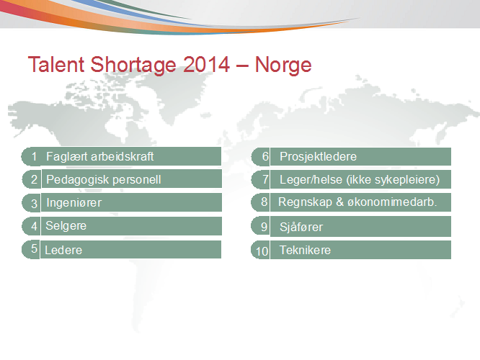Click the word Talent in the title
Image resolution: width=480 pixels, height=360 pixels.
click(56, 64)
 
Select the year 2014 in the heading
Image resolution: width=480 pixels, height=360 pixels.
click(207, 64)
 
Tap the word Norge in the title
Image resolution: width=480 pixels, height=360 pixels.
click(283, 65)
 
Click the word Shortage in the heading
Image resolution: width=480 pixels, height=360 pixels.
click(133, 65)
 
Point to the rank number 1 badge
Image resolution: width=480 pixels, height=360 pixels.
click(31, 156)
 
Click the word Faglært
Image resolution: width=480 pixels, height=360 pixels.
click(67, 157)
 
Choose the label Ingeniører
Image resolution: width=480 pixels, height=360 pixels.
click(74, 203)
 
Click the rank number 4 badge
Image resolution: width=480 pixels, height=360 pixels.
click(31, 226)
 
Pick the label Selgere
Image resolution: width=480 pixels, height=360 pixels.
click(66, 226)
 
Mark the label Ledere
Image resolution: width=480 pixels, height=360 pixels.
click(63, 250)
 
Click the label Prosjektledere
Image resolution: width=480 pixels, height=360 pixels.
click(319, 157)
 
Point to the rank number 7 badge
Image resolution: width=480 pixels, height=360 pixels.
click(260, 179)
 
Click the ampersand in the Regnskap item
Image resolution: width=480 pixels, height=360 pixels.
click(339, 202)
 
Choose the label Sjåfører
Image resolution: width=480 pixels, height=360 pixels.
click(301, 228)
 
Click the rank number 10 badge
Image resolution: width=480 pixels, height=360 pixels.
click(260, 250)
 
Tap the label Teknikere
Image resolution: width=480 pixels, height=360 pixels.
click(305, 250)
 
